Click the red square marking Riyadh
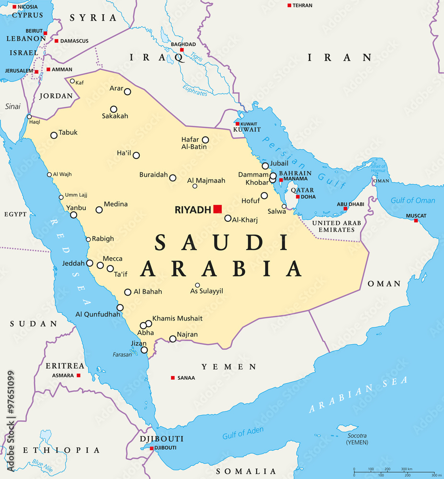pyautogui.click(x=218, y=208)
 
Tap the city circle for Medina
pyautogui.click(x=99, y=210)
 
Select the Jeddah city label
pyautogui.click(x=73, y=263)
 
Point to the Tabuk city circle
pyautogui.click(x=54, y=136)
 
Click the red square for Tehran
pyautogui.click(x=289, y=5)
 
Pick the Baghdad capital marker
pyautogui.click(x=182, y=50)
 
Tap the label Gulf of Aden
pyautogui.click(x=243, y=433)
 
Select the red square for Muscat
pyautogui.click(x=416, y=220)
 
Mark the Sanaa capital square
pyautogui.click(x=173, y=378)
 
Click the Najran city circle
pyautogui.click(x=173, y=339)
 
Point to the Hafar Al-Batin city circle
pyautogui.click(x=205, y=140)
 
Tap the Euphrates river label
pyautogui.click(x=195, y=90)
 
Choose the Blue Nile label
pyautogui.click(x=41, y=463)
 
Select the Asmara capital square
pyautogui.click(x=79, y=376)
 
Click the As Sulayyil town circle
pyautogui.click(x=197, y=285)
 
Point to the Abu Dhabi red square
pyautogui.click(x=345, y=209)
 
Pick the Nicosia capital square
pyautogui.click(x=14, y=7)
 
